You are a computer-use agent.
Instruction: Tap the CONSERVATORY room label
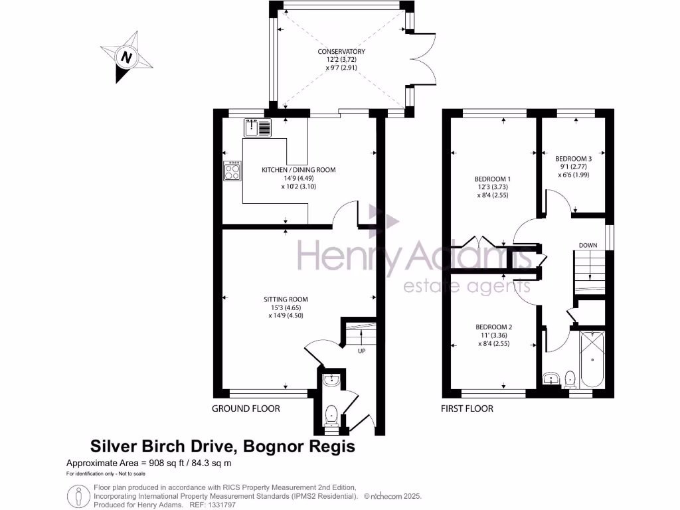tap(341, 59)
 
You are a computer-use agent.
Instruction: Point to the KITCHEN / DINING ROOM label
tap(298, 178)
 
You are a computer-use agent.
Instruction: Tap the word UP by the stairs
tap(361, 351)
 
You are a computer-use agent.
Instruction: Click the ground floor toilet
tap(331, 415)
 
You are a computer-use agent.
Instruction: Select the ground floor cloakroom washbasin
tap(331, 381)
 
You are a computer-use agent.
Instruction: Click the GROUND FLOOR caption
tap(245, 408)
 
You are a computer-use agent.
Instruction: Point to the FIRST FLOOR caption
tap(467, 408)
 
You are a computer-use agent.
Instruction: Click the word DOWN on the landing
tap(588, 245)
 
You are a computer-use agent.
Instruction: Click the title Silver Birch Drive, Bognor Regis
tap(222, 446)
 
